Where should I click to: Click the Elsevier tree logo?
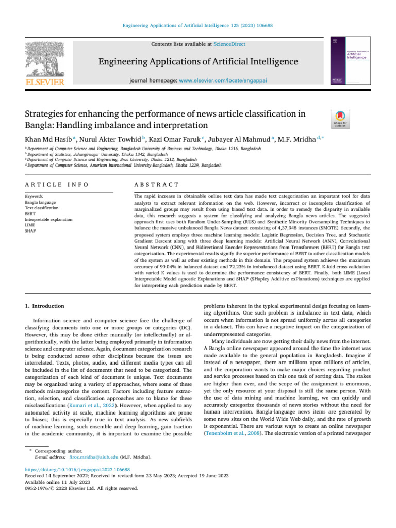(44, 59)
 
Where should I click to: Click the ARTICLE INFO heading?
(57, 184)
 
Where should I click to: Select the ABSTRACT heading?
(156, 184)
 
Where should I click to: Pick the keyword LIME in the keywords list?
(30, 225)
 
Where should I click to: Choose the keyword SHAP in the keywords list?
(30, 231)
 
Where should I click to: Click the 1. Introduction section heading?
(45, 306)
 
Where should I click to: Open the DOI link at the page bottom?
(77, 455)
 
